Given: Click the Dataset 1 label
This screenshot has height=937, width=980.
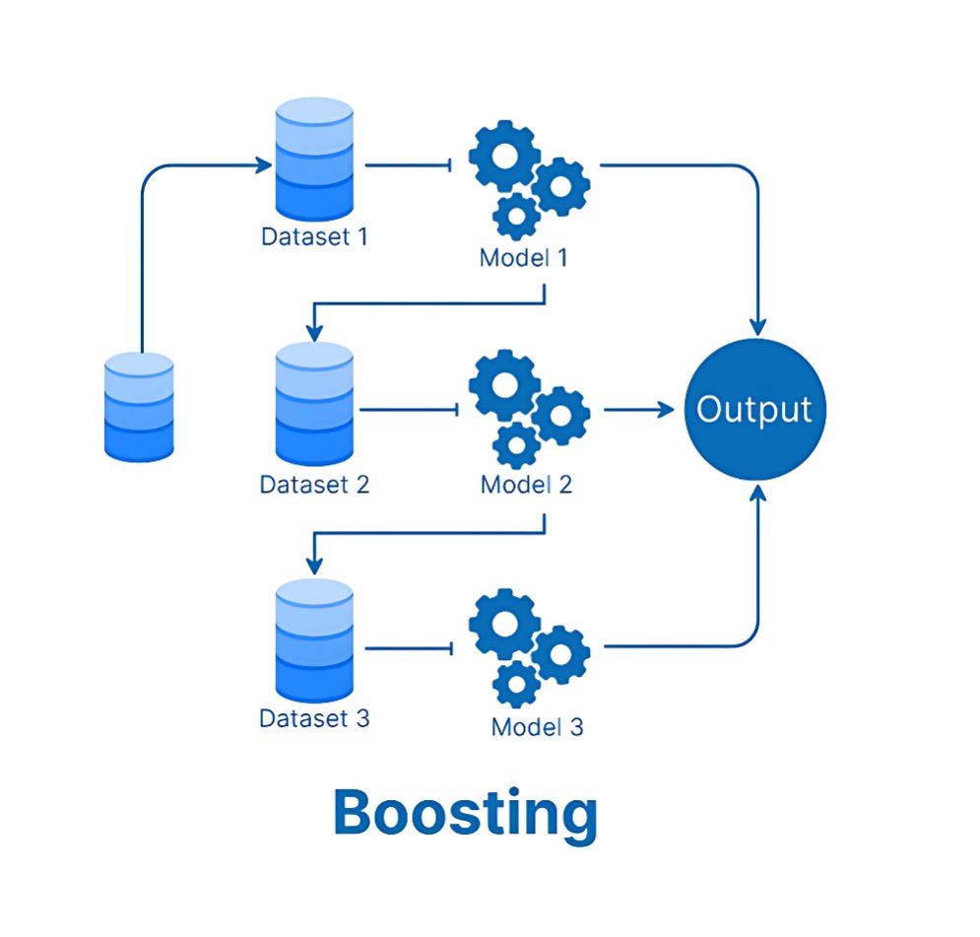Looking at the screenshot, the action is tap(314, 236).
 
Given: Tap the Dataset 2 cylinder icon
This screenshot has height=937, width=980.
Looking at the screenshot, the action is tap(314, 404).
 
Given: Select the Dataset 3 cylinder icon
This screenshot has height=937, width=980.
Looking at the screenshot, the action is tap(314, 640).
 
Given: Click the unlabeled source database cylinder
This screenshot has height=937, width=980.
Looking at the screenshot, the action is tap(139, 407).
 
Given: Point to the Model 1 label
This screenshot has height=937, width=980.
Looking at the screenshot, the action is tap(524, 257).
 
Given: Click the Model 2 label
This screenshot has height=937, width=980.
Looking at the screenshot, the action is tap(526, 485).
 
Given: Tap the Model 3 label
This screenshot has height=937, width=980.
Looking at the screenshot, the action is tap(538, 727).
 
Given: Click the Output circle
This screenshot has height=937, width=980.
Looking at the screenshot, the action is tap(755, 410).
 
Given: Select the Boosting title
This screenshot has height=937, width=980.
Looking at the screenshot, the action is tap(466, 812).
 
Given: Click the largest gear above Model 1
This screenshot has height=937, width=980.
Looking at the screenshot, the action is tap(504, 156).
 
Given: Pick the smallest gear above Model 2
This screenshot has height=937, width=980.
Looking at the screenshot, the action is tap(516, 445).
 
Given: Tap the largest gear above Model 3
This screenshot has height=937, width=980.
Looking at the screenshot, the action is tap(504, 624).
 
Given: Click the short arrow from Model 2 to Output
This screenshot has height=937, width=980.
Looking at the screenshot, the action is tap(639, 410).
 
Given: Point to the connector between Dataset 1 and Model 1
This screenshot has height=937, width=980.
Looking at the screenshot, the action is tap(409, 166).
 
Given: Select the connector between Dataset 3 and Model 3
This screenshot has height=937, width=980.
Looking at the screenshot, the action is tap(409, 648).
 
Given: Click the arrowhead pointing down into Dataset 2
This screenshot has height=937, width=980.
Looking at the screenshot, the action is tap(314, 333).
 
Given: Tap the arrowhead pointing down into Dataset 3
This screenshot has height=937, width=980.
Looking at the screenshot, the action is tap(314, 566).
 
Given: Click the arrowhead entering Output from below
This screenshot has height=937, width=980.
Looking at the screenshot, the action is tap(758, 494).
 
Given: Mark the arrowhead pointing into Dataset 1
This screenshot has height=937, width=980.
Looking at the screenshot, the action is tap(264, 166).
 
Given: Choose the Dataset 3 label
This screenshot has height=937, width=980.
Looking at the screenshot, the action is tap(314, 719).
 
